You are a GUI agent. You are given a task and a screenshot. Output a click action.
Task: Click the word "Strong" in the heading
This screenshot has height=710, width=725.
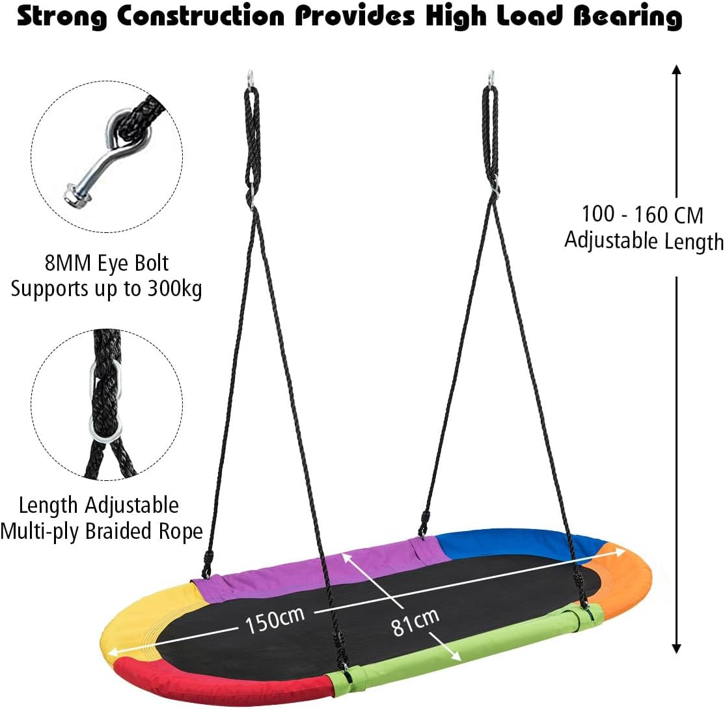coord(61,17)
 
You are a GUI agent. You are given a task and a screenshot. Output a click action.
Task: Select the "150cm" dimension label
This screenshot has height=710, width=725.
coord(275,620)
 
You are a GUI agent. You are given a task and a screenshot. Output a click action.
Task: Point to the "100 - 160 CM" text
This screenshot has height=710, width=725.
coord(642,215)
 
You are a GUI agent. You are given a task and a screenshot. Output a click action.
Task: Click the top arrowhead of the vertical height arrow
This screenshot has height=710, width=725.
coord(676,70)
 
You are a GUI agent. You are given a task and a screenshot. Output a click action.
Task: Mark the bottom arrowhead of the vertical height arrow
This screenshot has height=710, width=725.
coord(676,649)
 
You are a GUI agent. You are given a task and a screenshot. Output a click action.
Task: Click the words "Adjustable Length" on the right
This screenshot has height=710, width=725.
coord(644,241)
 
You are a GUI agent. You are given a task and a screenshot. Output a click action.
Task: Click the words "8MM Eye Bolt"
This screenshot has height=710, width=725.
coord(107,263)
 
